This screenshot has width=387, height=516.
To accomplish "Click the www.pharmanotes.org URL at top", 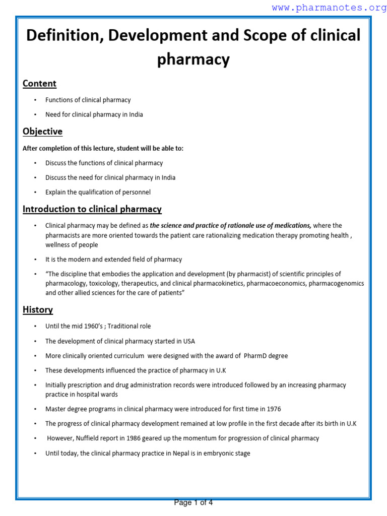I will [x=329, y=8].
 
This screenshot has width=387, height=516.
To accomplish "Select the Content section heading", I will [x=39, y=84].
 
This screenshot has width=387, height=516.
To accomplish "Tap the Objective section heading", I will [x=42, y=132].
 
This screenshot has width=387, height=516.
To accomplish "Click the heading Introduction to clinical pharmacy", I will [x=92, y=209].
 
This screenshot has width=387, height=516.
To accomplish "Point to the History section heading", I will [x=38, y=310].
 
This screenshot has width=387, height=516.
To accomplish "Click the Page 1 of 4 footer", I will [x=193, y=502].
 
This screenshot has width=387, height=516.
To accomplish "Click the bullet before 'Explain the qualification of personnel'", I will [x=35, y=192].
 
